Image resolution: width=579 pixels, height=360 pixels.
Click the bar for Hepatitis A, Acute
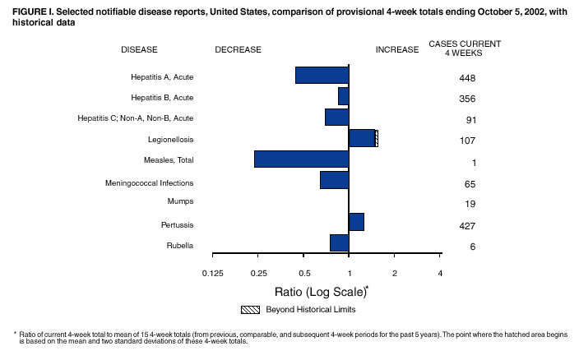tap(322, 75)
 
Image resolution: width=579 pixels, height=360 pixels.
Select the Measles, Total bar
tap(301, 159)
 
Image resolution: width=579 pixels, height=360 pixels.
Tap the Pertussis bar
tap(356, 222)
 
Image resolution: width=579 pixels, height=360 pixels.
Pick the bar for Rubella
tap(339, 242)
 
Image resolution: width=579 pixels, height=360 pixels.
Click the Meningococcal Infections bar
tap(334, 180)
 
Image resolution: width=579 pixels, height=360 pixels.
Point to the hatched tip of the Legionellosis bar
tap(376, 137)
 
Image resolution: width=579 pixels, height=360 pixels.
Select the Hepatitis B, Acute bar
tap(343, 96)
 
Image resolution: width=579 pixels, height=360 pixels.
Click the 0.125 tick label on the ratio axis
tap(212, 272)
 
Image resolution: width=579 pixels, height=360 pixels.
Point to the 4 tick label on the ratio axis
tap(440, 272)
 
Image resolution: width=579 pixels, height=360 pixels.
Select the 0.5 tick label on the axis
tap(303, 272)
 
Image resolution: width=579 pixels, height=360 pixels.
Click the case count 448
tap(467, 78)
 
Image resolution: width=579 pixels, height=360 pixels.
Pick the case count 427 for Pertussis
tap(467, 226)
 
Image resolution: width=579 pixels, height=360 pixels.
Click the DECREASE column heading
tap(238, 49)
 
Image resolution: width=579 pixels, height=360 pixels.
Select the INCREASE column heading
tap(397, 49)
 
